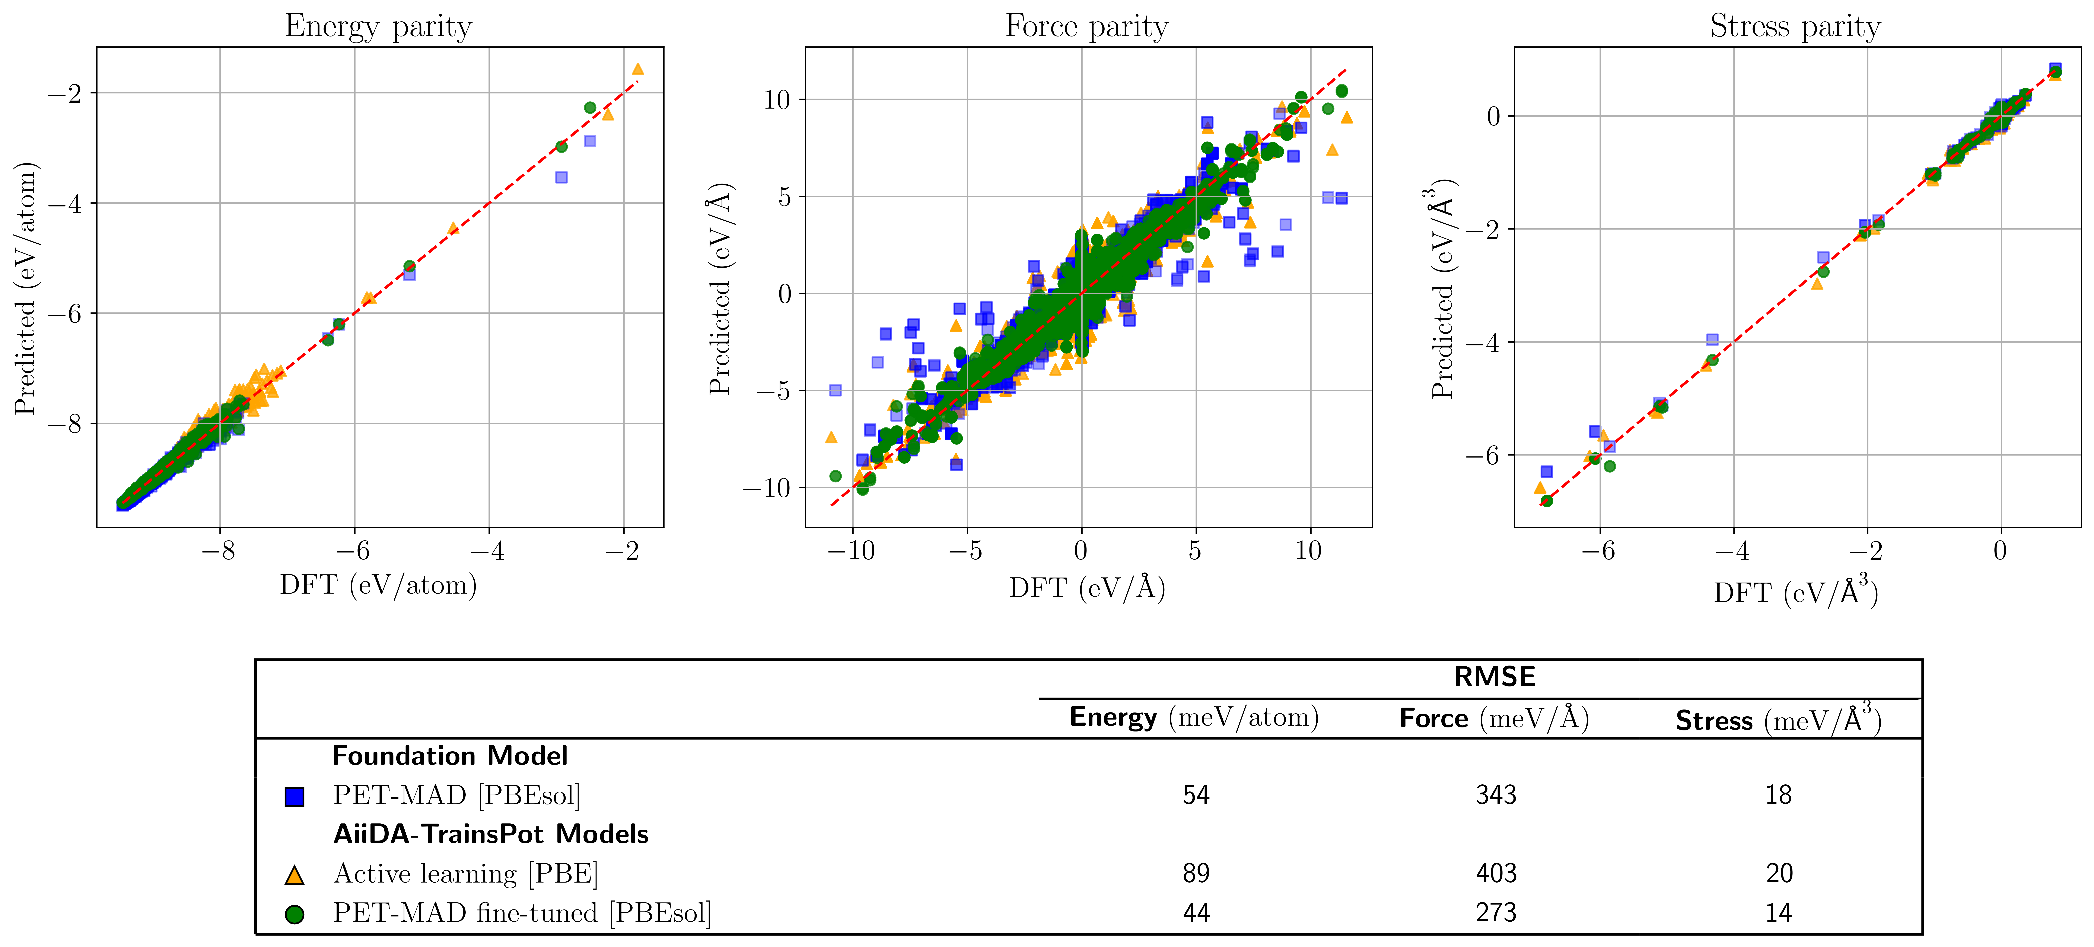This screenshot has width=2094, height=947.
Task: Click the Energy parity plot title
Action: (x=378, y=26)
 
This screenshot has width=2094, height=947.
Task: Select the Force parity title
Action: (x=1087, y=26)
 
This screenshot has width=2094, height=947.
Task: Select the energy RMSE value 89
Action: (x=1196, y=873)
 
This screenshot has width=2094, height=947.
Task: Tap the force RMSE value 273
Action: (x=1496, y=913)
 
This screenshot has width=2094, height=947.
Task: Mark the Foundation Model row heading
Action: (x=449, y=756)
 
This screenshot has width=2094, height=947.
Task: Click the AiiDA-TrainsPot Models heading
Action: (x=490, y=834)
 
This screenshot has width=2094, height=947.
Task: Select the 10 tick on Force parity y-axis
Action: (x=776, y=100)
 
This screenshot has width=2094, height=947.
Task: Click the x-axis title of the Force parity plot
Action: (x=1087, y=587)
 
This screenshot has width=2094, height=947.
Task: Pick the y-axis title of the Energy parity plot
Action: (x=26, y=288)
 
